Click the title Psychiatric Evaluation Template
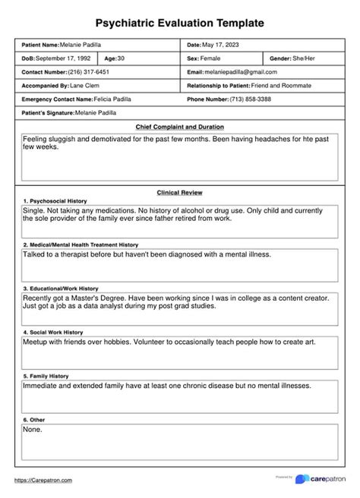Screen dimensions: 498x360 tap(180, 24)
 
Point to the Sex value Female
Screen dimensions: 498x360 tap(210, 58)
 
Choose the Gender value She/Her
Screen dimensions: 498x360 tap(300, 58)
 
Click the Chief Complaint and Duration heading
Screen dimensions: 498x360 tap(180, 127)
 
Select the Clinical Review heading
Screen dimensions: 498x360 tap(180, 193)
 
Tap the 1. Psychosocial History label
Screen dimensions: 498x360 tap(55, 200)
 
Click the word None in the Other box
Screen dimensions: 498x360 tap(33, 430)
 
